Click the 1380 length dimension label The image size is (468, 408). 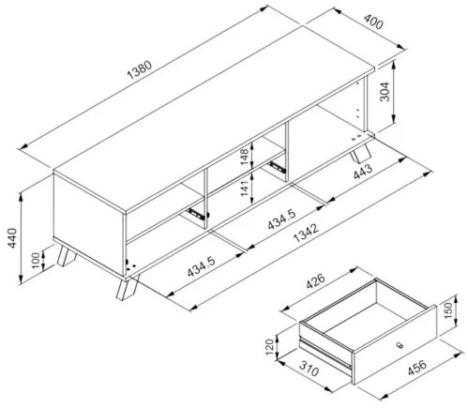tap(140, 70)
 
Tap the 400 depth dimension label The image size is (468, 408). tap(373, 21)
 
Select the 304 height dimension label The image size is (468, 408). tap(385, 92)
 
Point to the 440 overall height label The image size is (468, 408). tap(12, 238)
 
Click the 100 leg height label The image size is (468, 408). tap(37, 260)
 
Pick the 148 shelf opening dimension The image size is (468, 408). tap(244, 157)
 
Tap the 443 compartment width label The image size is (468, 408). tap(363, 172)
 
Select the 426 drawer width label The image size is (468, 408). tap(316, 280)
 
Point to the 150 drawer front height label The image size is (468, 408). tap(448, 310)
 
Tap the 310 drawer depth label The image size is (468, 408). tap(309, 369)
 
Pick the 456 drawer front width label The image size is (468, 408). tap(416, 368)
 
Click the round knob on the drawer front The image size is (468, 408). tap(399, 345)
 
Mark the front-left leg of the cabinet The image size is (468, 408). tap(128, 288)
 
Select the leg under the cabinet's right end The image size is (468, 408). tap(361, 152)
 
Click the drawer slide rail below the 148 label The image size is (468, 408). tap(277, 166)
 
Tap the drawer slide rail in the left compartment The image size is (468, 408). tap(197, 214)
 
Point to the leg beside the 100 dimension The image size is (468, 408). tap(66, 256)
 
